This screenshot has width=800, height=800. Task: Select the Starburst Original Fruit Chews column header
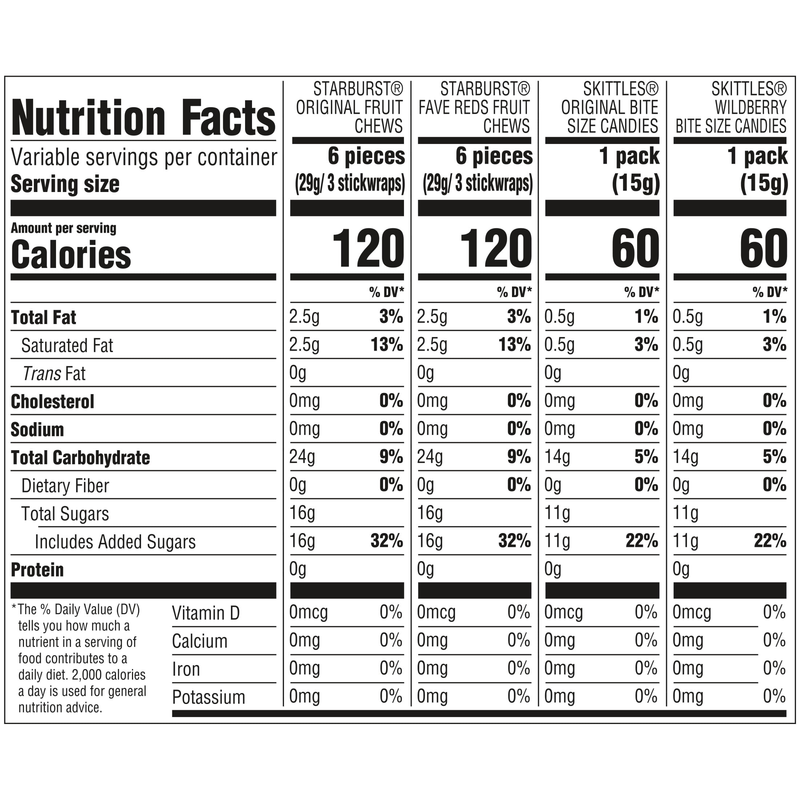[349, 107]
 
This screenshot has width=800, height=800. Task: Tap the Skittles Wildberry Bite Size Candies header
[731, 107]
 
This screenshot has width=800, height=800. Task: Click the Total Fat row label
[44, 317]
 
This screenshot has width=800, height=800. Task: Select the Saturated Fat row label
[67, 345]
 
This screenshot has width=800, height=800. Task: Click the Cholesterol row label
[53, 402]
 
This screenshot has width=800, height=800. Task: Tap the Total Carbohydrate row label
[80, 457]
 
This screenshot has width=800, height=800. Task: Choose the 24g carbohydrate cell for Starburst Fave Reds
[430, 457]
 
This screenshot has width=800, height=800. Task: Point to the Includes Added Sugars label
[115, 541]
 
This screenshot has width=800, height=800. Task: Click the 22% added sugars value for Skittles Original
[642, 540]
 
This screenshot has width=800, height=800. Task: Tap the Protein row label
[37, 570]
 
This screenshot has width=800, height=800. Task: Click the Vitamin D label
[206, 613]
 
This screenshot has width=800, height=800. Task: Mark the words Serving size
[65, 184]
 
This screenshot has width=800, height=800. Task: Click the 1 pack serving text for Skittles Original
[629, 156]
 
